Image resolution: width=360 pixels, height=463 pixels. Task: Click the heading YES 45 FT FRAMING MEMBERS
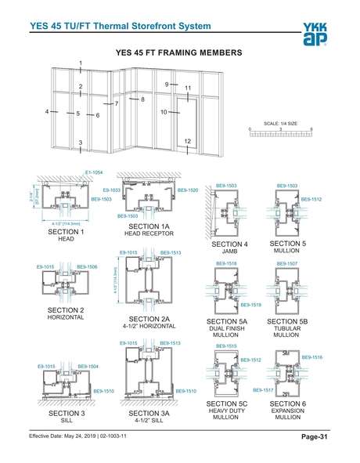[x=179, y=52]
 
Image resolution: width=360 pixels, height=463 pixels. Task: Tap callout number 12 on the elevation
[x=188, y=140]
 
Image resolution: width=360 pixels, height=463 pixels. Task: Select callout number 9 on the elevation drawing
[x=167, y=84]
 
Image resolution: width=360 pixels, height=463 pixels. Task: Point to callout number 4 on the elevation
[x=47, y=113]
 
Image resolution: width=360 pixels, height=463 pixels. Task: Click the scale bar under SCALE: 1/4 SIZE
[x=280, y=134]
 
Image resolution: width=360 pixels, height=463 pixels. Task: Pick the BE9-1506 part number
[x=87, y=267]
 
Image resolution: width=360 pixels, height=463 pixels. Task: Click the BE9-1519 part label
[x=250, y=304]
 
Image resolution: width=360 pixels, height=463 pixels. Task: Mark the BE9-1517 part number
[x=262, y=389]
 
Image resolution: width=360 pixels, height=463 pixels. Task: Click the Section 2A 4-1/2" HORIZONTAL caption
[x=149, y=322]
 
